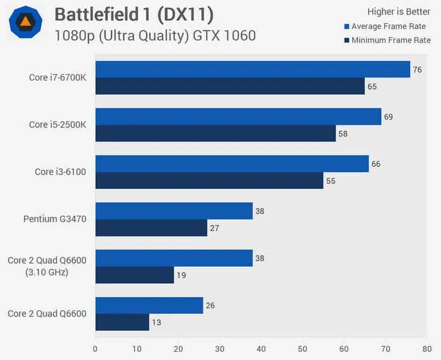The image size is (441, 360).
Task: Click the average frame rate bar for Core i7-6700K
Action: click(x=253, y=69)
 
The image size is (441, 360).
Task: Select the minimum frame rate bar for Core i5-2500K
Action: click(x=215, y=133)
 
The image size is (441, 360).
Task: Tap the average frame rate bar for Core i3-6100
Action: click(x=232, y=164)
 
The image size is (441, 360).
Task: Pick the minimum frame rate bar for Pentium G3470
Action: click(x=151, y=228)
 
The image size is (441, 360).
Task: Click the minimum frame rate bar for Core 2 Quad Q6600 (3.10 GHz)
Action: click(x=135, y=275)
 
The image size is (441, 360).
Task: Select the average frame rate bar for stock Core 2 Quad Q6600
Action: click(x=149, y=305)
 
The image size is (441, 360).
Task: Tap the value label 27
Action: click(x=215, y=228)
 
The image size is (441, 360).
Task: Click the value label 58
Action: click(x=343, y=133)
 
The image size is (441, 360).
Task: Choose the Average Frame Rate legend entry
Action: click(x=387, y=26)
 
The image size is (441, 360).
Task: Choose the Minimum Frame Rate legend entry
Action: click(x=387, y=40)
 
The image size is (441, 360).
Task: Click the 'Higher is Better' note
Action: click(x=399, y=11)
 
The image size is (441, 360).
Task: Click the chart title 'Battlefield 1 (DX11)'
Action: click(x=134, y=13)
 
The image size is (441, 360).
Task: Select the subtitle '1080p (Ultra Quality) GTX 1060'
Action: click(x=155, y=35)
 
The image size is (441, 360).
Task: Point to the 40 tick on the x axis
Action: click(x=261, y=348)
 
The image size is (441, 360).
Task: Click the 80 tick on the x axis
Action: click(x=427, y=348)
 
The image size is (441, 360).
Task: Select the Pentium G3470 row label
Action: click(x=55, y=219)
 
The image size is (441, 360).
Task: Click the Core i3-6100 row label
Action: click(x=57, y=172)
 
